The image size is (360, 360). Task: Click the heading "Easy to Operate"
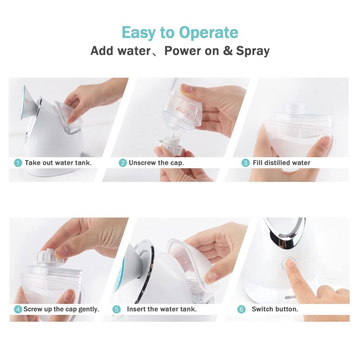click(180, 33)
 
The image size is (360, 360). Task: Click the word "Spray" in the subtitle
click(252, 51)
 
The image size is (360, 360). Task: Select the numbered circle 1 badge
click(18, 163)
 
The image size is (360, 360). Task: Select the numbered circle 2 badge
click(122, 163)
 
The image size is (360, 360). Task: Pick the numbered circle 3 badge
click(245, 163)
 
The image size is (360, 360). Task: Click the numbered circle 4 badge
click(18, 309)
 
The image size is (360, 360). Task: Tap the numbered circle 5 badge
click(116, 309)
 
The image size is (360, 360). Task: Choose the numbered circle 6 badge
click(241, 309)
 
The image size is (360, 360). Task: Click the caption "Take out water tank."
click(58, 163)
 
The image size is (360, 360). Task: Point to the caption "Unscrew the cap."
click(156, 163)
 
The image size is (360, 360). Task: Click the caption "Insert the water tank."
click(161, 309)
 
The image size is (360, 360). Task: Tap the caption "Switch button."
click(275, 309)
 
